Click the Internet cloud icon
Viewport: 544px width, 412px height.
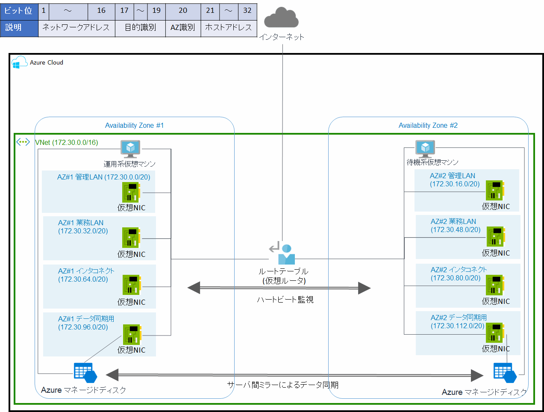281,18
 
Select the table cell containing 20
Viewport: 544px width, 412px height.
183,11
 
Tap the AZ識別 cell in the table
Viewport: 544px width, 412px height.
183,28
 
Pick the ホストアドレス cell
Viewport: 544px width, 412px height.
229,28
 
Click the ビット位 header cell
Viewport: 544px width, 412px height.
19,11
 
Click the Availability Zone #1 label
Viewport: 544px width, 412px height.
134,126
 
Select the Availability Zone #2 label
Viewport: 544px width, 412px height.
428,126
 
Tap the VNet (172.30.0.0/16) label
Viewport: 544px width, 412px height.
66,142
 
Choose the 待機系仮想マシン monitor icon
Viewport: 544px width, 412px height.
425,148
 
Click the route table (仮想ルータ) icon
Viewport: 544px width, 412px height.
283,254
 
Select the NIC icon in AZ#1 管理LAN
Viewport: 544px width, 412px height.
131,192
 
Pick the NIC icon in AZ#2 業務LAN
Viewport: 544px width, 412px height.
496,237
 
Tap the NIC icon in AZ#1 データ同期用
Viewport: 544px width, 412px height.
132,335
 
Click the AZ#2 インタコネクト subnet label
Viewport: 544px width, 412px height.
459,274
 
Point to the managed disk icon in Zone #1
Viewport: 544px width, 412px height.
85,373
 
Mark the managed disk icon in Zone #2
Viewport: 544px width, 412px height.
505,373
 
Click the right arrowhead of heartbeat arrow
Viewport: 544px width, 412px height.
364,288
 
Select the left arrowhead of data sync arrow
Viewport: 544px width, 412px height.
112,375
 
